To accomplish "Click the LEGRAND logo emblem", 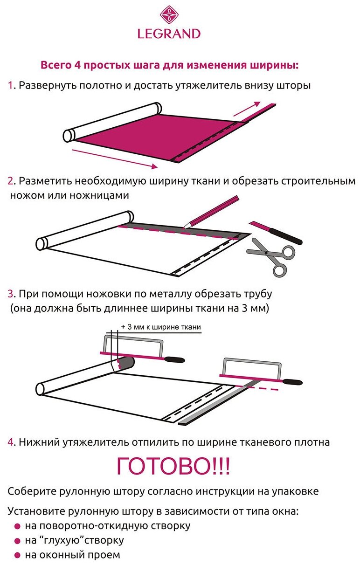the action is coord(168,14).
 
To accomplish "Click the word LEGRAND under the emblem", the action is coord(169,34).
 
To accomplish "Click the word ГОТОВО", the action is coord(173,467).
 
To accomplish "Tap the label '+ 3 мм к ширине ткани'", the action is coord(161,327).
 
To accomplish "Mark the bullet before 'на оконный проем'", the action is coord(17,555).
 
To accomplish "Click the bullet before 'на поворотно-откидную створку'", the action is coord(17,526).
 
